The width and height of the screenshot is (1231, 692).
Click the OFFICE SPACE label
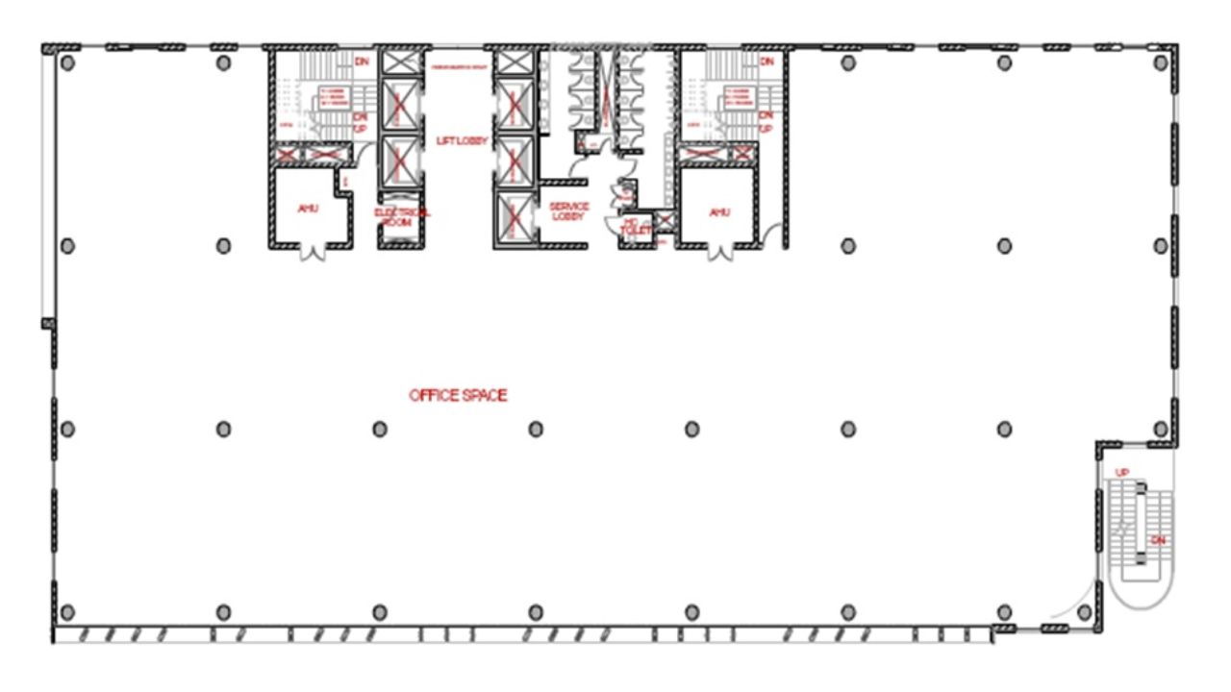(458, 395)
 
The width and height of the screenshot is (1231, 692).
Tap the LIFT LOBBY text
(463, 140)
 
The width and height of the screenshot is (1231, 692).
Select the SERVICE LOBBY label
(568, 210)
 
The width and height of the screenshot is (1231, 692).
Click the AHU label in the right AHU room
(718, 211)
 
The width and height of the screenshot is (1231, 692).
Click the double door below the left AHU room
(311, 253)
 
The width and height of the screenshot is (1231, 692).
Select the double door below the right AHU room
(720, 253)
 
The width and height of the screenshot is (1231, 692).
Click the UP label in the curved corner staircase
(1121, 472)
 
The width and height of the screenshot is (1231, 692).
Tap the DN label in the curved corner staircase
(1158, 540)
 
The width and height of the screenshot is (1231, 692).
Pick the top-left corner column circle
(67, 63)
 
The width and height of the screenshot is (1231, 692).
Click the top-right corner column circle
(1161, 63)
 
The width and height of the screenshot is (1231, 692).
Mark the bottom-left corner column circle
(67, 611)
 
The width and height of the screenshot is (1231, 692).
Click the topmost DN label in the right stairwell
(766, 62)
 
